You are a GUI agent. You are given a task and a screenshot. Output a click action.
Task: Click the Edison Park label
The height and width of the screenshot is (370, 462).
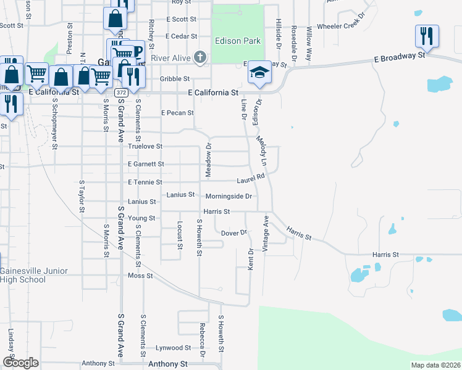238,41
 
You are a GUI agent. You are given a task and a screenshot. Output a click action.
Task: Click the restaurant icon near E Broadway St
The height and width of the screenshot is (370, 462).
427,36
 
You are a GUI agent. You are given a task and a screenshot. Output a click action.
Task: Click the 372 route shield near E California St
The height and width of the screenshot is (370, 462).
122,92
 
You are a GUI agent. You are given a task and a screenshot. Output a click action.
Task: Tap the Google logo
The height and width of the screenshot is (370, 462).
20,363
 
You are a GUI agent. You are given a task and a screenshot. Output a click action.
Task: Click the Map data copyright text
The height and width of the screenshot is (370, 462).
435,365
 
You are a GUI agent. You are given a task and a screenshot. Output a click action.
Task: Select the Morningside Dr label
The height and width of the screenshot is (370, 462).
229,196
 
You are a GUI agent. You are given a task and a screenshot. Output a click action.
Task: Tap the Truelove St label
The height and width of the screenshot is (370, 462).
145,147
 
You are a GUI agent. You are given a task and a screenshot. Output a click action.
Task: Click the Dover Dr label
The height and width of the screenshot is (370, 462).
234,233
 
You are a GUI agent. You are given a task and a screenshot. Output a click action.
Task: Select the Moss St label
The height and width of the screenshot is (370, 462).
140,276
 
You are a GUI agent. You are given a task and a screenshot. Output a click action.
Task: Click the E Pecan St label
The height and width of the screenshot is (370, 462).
177,113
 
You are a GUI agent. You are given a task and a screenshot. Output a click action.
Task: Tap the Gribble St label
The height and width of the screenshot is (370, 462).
175,79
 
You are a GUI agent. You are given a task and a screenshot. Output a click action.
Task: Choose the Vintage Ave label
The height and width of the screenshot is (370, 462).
266,232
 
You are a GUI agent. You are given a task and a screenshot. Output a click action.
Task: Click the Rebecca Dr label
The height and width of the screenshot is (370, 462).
201,340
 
